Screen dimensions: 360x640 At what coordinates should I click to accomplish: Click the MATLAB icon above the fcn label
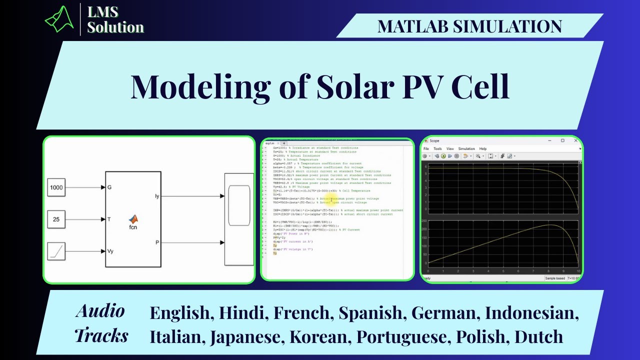pos(133,219)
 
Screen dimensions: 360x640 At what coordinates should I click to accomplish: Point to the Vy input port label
pos(111,251)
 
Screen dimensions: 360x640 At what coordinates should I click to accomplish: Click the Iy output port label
pos(157,196)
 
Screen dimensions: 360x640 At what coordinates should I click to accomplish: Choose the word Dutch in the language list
pos(539,336)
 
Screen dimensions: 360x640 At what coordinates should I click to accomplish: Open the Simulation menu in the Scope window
pos(466,148)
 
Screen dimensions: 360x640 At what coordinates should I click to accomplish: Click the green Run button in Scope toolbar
pos(443,156)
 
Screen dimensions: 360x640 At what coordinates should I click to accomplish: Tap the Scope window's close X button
pos(575,140)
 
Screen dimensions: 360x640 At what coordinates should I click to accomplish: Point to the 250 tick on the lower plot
pos(424,220)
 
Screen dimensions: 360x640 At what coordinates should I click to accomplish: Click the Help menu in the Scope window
pos(483,148)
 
